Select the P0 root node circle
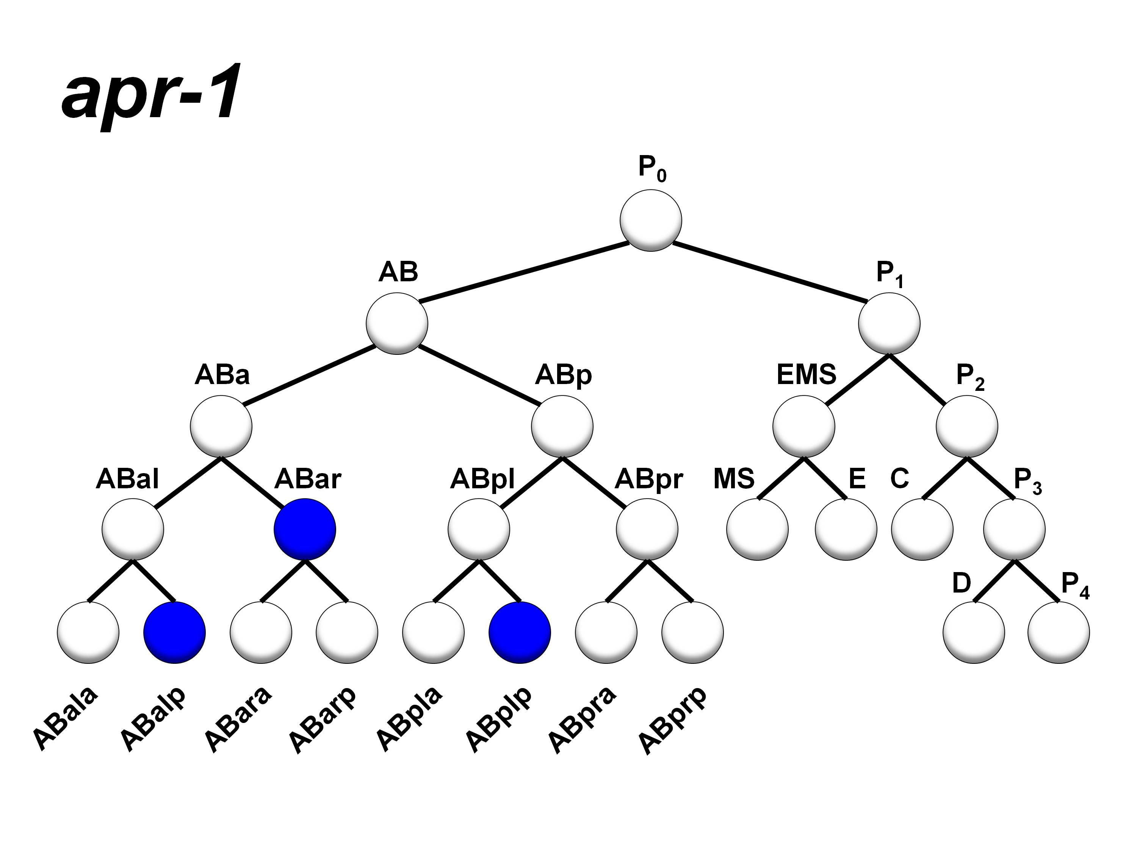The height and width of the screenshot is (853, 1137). point(651,221)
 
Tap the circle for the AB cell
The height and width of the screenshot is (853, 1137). point(397,323)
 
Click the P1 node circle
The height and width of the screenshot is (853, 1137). point(889,323)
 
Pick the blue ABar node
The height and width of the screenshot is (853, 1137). point(305,529)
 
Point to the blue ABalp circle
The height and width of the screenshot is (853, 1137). point(175,632)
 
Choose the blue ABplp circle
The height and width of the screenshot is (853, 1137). point(520,632)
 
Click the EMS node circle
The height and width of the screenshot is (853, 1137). point(803,426)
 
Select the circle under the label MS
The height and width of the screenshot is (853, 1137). point(757,529)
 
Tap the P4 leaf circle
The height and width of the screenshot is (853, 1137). point(1059,632)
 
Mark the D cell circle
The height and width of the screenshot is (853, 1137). point(974,632)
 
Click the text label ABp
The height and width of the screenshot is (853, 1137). point(563,375)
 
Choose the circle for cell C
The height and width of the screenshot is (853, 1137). point(922,529)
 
